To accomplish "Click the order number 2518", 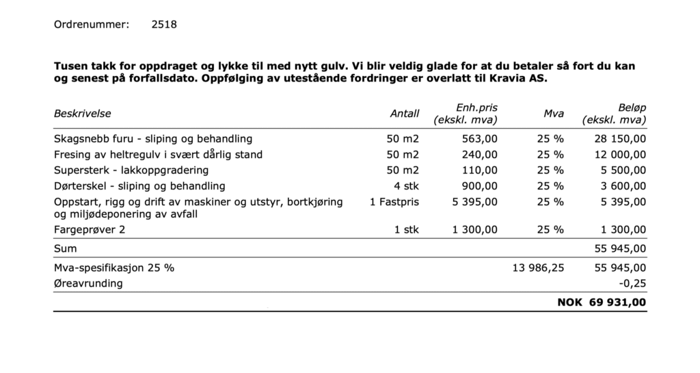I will click(x=163, y=25).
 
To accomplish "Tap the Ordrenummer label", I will click(x=91, y=25).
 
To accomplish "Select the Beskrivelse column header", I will click(x=82, y=114).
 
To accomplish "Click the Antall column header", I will click(x=404, y=114).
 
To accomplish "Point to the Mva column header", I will click(x=553, y=114).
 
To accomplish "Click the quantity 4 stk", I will click(x=406, y=185).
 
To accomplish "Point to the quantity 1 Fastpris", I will click(x=394, y=202).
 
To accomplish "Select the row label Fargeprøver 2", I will click(x=90, y=231).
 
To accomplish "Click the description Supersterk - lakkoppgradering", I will click(x=131, y=170).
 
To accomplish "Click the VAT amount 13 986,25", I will click(x=538, y=268).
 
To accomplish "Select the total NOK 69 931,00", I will click(x=602, y=302).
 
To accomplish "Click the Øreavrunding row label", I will click(x=88, y=283).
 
